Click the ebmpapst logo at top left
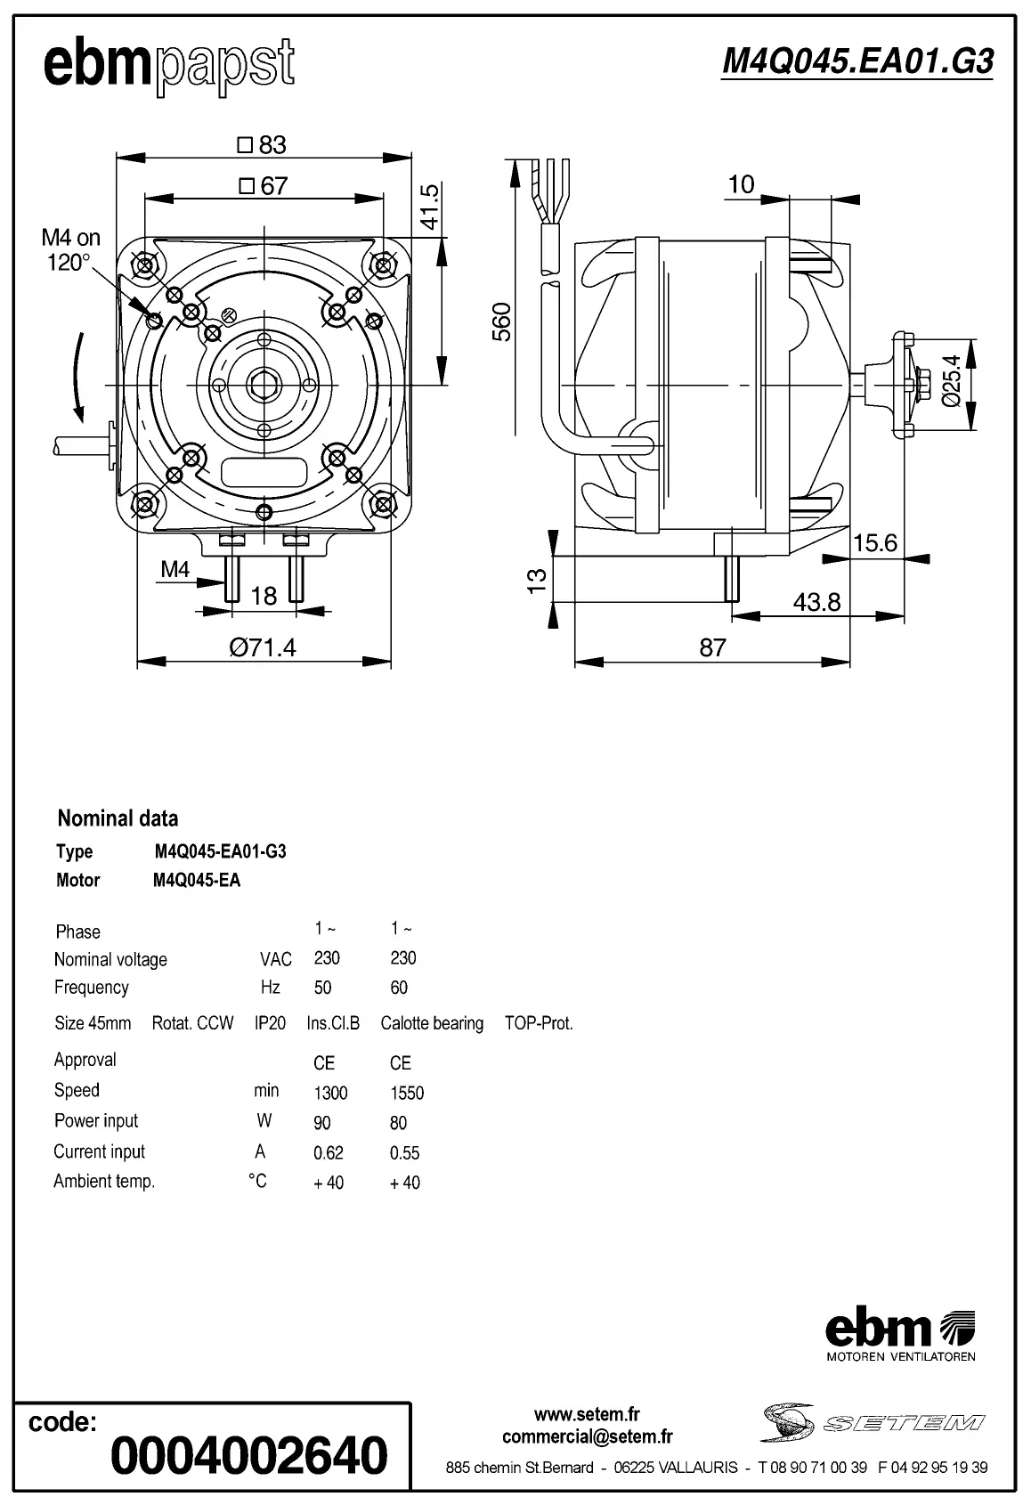click(169, 65)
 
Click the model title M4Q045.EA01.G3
click(856, 61)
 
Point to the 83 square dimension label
click(264, 144)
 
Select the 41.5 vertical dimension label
click(429, 207)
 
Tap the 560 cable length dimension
click(502, 321)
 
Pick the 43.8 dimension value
click(816, 602)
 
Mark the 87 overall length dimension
click(712, 647)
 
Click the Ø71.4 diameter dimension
click(263, 647)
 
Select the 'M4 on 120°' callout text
click(70, 250)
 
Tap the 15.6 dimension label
click(874, 543)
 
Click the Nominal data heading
click(118, 818)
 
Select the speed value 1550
click(406, 1093)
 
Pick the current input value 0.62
click(328, 1152)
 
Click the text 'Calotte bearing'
click(432, 1023)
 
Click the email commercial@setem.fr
click(587, 1436)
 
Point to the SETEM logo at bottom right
click(873, 1422)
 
